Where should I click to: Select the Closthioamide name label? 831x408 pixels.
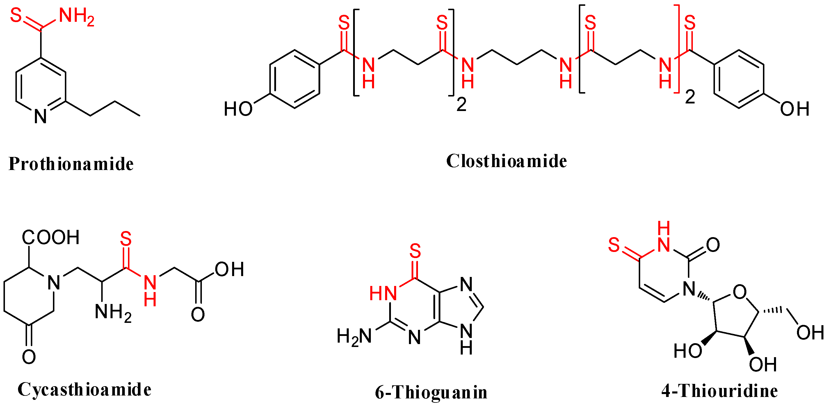(506, 161)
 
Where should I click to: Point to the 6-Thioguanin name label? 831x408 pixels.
(431, 392)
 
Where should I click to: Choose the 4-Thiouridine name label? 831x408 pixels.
(719, 391)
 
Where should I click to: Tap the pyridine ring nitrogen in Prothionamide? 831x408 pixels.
(40, 116)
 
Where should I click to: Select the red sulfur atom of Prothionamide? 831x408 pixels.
(16, 15)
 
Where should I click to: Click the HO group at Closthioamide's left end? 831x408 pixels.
(238, 109)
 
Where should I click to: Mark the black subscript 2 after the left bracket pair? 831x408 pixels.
(461, 105)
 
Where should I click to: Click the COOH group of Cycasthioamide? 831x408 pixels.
(51, 237)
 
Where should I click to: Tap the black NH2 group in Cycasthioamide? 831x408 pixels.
(113, 312)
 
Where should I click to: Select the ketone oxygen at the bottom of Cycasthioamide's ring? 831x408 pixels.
(29, 357)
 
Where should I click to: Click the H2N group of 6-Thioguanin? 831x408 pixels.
(354, 337)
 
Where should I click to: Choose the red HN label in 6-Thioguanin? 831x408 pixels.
(383, 293)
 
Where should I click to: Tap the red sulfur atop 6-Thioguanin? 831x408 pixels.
(415, 251)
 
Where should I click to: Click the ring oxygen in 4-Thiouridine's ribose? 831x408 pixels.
(739, 292)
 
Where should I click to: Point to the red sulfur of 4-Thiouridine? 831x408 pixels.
(614, 245)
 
